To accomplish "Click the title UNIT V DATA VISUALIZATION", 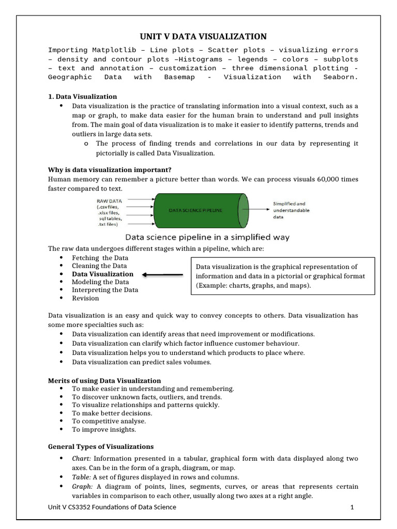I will point(203,36).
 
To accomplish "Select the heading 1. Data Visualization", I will point(82,97).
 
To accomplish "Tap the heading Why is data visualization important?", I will point(110,170).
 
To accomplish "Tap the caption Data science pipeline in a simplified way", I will point(208,238).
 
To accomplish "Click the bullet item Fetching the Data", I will point(100,258).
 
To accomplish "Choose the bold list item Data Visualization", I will point(102,274).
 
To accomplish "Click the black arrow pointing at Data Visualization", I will point(162,275).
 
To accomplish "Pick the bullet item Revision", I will point(85,299).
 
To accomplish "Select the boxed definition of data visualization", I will point(282,276).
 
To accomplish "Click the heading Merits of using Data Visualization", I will point(104,381).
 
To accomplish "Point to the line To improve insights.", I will point(104,430).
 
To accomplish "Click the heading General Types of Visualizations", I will point(101,447).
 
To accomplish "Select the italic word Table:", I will point(81,477).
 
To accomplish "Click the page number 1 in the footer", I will point(352,507).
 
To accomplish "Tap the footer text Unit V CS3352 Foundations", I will point(112,507).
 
